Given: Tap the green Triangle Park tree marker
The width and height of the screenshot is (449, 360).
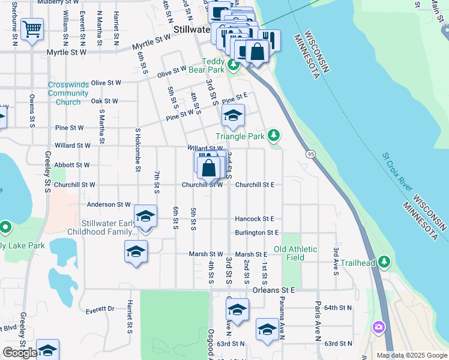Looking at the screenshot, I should point(274,134).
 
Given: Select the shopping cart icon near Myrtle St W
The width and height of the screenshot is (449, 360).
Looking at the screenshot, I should point(32,28).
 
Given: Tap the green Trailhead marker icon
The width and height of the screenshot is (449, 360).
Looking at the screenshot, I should point(384,262).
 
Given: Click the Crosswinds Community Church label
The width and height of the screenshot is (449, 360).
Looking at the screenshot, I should point(68,93).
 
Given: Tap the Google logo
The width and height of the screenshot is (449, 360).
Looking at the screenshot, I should point(20,353).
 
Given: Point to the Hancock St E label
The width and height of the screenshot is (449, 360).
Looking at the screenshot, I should point(255,219).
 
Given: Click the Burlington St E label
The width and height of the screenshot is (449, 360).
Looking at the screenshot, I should point(257,232).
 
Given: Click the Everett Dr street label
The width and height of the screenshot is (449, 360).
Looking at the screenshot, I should point(100,310).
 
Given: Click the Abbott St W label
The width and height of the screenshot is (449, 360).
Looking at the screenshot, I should point(72,164).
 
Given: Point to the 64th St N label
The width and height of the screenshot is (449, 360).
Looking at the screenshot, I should point(337,308).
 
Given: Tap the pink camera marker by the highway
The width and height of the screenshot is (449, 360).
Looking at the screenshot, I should point(379,327).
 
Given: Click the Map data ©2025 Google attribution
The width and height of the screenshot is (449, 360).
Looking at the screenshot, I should point(412,355).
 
